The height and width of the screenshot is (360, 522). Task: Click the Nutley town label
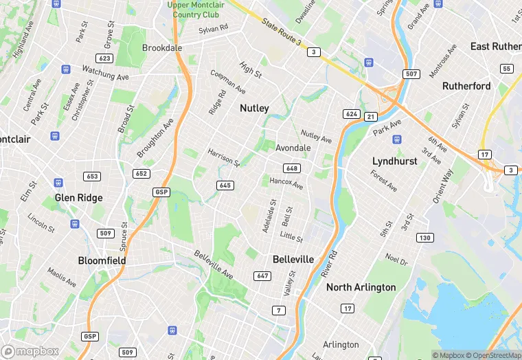click(254, 108)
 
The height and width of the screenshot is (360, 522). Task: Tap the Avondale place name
click(293, 148)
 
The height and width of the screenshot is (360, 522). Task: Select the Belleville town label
click(293, 259)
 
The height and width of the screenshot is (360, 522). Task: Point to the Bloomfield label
click(102, 261)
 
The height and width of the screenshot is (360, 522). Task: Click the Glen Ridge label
click(78, 198)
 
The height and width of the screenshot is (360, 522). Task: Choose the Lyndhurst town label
click(395, 161)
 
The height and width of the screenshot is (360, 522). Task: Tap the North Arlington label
click(361, 287)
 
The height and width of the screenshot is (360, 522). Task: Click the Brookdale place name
click(162, 48)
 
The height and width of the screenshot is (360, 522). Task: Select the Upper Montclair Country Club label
click(196, 10)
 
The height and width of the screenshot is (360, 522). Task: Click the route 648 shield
click(291, 168)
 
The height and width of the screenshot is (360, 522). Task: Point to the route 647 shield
click(262, 275)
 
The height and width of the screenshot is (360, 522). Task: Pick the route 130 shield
click(424, 238)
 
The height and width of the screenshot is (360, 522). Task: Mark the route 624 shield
click(352, 113)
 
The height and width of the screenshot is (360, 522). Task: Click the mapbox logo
click(30, 351)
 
